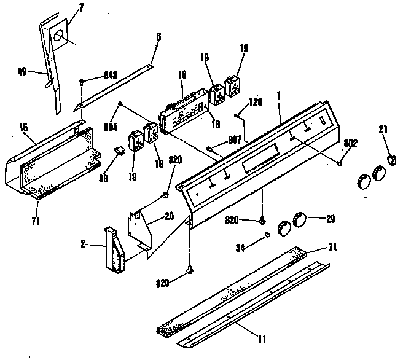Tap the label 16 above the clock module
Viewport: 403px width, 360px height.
click(x=182, y=75)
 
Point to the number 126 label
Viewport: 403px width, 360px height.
click(x=256, y=102)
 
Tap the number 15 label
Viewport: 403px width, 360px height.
click(x=23, y=128)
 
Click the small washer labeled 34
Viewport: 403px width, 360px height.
click(x=267, y=236)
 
